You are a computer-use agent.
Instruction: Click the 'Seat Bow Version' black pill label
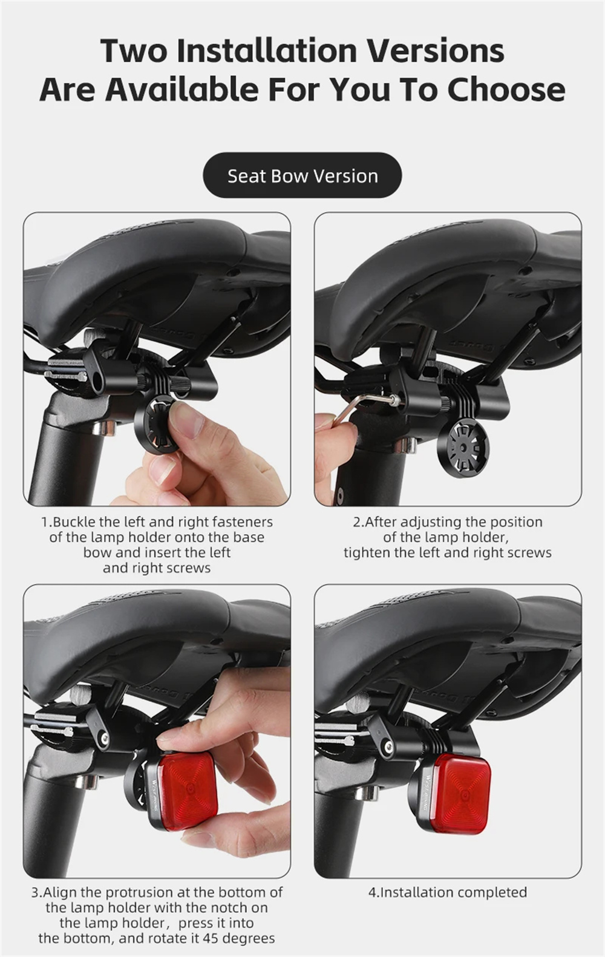302,175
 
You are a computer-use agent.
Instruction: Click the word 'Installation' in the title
266,51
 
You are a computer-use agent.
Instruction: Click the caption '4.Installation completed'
447,892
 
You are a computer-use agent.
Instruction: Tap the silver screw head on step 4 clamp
388,745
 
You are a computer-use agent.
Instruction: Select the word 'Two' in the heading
134,51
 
